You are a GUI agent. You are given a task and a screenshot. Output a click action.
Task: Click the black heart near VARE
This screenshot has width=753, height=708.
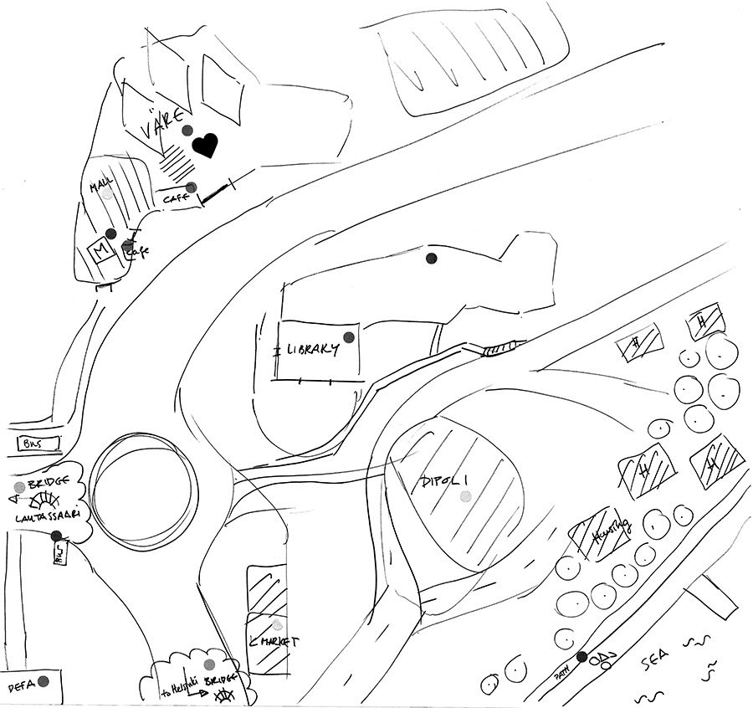pos(204,146)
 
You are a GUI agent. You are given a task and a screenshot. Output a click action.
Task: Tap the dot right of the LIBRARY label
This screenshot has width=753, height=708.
pos(350,336)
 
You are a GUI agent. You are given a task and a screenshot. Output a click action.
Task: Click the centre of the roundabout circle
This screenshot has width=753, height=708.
pos(143,486)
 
